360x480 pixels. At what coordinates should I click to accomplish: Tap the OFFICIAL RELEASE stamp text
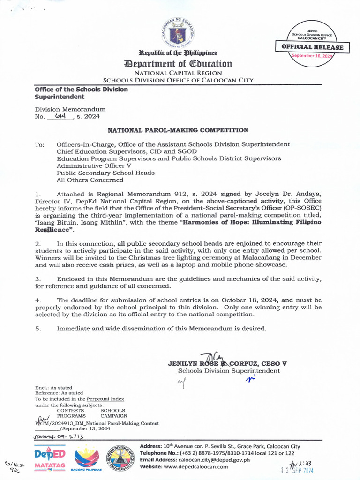click(312, 47)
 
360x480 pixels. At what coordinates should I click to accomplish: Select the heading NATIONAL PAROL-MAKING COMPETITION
click(178, 130)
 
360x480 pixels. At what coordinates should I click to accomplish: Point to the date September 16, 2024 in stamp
click(312, 56)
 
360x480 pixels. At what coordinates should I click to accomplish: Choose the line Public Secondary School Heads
click(105, 172)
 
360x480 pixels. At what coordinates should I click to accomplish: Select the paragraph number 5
click(37, 328)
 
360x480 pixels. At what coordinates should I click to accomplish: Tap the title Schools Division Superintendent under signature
click(229, 370)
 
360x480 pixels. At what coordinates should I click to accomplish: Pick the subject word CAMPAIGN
click(113, 416)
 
